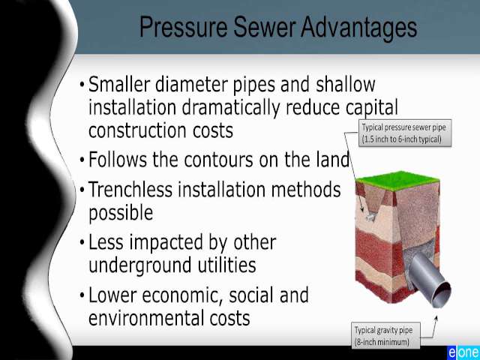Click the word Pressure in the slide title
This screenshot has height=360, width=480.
183,28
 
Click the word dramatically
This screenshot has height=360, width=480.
231,108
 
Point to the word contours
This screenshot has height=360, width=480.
218,160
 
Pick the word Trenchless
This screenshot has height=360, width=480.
130,189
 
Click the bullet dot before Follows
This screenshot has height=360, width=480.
82,160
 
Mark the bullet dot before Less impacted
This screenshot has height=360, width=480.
82,242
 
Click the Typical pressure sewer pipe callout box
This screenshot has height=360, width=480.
405,133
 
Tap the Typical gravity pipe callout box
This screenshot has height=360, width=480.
386,335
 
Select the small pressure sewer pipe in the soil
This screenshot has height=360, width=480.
370,217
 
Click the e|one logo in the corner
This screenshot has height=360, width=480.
463,352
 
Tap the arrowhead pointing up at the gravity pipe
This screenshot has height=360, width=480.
436,318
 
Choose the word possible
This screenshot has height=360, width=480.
121,212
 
